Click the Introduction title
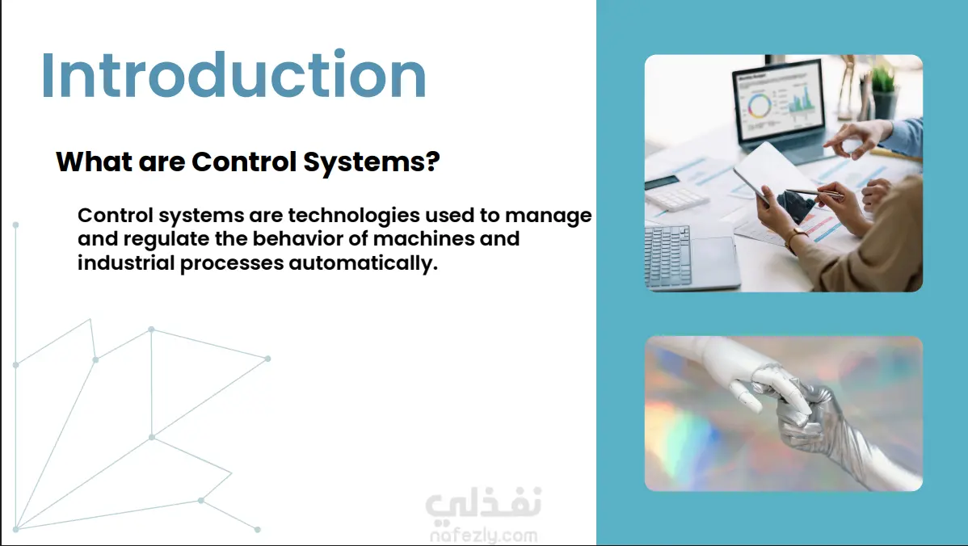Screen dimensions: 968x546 [x=234, y=74]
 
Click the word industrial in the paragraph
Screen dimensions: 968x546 [x=126, y=262]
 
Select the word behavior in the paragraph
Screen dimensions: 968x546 [x=297, y=238]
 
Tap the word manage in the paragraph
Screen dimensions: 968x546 [x=548, y=216]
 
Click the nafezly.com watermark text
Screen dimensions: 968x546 [x=483, y=535]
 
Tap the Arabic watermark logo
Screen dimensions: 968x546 [x=482, y=502]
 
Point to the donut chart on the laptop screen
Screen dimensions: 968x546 [x=760, y=106]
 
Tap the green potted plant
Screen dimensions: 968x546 [x=884, y=91]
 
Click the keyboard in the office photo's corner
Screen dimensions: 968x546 [x=667, y=255]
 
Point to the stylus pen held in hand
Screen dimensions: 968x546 [x=814, y=193]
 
